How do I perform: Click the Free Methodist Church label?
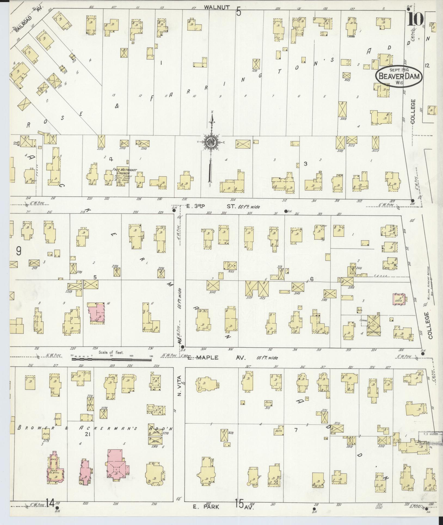(125, 172)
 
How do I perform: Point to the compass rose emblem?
(211, 142)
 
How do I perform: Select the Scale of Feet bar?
(112, 360)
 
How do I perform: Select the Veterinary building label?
(374, 333)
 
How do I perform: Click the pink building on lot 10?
(97, 312)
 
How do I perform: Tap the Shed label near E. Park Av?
(57, 418)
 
